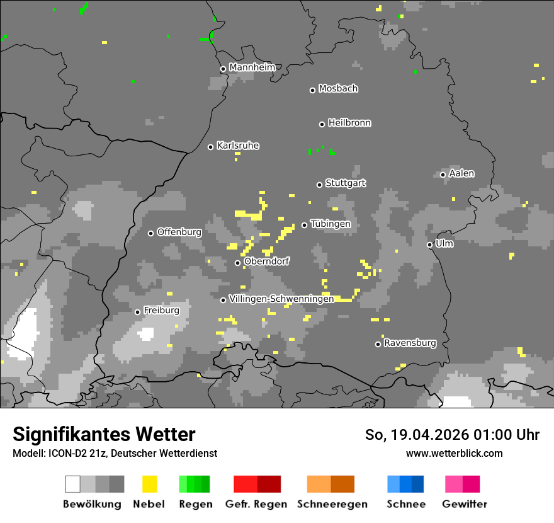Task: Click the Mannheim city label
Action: [x=252, y=67]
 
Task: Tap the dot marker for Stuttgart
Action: [x=319, y=185]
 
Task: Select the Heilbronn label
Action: [x=349, y=123]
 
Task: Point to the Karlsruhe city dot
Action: [x=211, y=147]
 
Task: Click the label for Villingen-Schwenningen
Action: [x=281, y=299]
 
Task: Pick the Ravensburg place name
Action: [x=410, y=343]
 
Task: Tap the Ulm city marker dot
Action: [x=429, y=244]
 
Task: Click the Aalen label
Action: [x=461, y=173]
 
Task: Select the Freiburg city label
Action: [x=161, y=311]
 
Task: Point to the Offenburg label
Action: [x=179, y=232]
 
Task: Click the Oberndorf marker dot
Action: [x=237, y=263]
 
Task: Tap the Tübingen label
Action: [x=331, y=224]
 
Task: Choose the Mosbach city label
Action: [x=338, y=89]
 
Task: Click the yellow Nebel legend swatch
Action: [x=149, y=484]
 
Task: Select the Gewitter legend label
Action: [x=465, y=504]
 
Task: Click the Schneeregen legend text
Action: [x=332, y=504]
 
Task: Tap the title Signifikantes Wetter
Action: [x=104, y=435]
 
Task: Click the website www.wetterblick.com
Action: [x=454, y=453]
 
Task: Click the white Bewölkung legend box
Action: [x=73, y=484]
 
